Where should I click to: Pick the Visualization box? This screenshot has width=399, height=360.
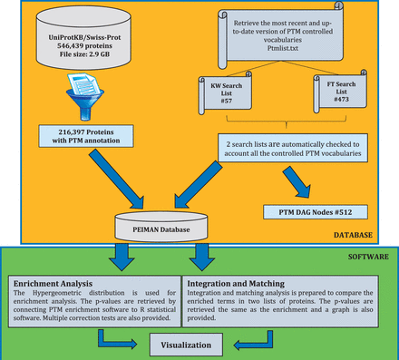pos(199,345)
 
